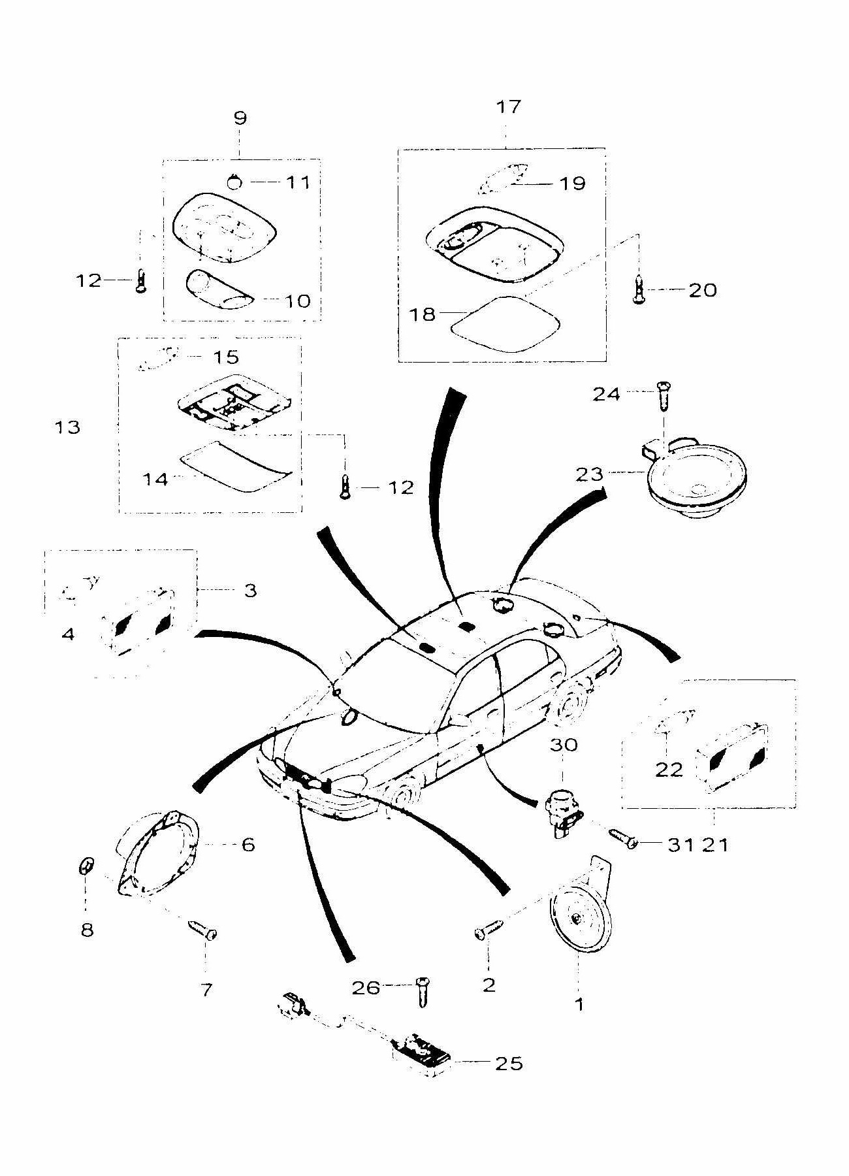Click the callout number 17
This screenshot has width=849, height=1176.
coord(509,106)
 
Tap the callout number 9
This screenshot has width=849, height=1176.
coord(240,118)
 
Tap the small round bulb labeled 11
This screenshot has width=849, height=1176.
coord(235,182)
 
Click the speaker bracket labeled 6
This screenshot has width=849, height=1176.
coord(159,851)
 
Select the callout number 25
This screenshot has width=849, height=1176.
coord(509,1064)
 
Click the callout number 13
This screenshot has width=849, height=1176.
coord(67,428)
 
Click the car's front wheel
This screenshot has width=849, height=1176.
coord(400,797)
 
